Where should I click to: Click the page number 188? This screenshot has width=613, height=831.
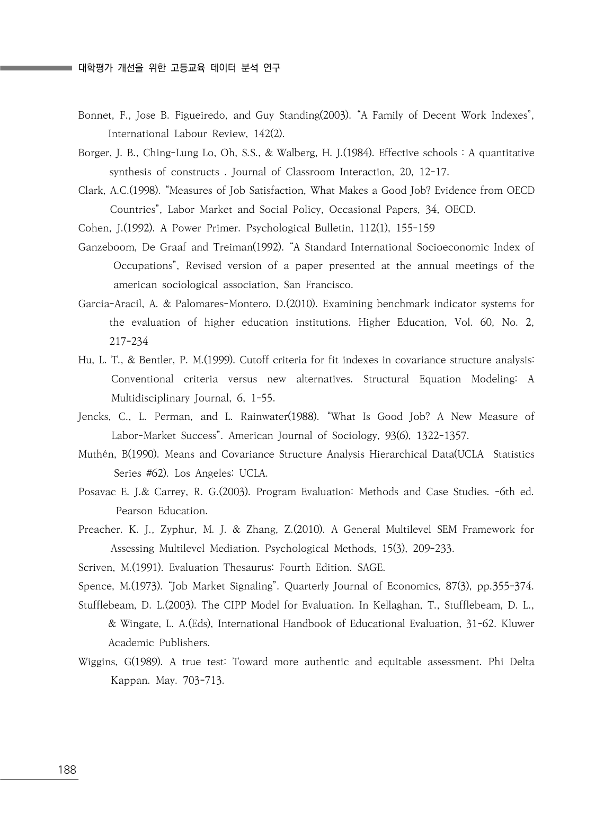pyautogui.click(x=67, y=770)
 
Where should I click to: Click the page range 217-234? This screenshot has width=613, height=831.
pyautogui.click(x=129, y=342)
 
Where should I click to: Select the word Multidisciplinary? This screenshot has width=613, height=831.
pyautogui.click(x=150, y=398)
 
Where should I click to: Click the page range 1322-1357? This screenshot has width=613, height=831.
pyautogui.click(x=442, y=436)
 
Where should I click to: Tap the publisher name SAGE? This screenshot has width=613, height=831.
pyautogui.click(x=370, y=568)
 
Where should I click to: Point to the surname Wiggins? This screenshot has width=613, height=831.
pyautogui.click(x=97, y=662)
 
